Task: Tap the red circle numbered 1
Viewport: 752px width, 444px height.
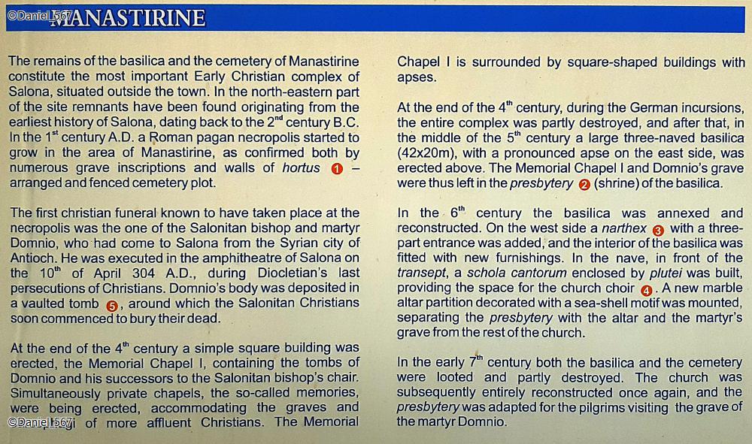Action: coord(337,168)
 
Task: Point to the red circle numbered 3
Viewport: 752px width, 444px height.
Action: coord(658,231)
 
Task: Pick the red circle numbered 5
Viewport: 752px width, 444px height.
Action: coord(112,305)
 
